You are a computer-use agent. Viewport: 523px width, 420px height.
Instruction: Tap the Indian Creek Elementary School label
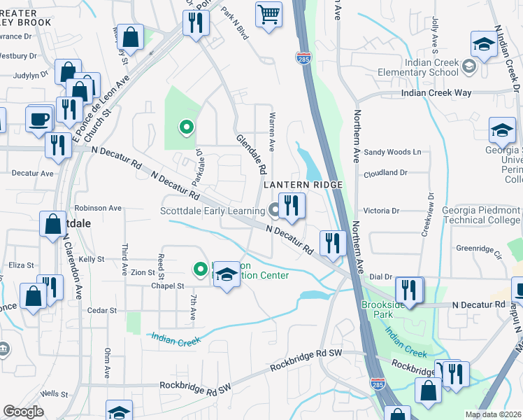click(x=418, y=67)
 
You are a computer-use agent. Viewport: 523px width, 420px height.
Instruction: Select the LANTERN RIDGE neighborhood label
click(x=303, y=184)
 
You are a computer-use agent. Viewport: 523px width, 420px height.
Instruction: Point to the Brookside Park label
click(x=383, y=309)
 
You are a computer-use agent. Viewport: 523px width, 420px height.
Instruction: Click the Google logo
click(x=23, y=412)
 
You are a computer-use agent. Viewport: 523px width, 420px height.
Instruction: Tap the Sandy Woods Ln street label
click(x=393, y=152)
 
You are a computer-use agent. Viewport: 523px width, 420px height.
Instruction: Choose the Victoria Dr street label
click(x=381, y=210)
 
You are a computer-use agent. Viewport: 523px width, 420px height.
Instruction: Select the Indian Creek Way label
click(x=436, y=93)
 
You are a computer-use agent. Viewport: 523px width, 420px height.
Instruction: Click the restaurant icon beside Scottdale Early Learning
click(x=292, y=206)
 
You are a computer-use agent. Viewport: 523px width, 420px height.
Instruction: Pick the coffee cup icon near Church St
click(x=38, y=118)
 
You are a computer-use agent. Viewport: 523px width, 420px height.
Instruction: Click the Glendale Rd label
click(x=251, y=154)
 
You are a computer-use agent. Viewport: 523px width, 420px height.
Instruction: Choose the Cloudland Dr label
click(x=385, y=172)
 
